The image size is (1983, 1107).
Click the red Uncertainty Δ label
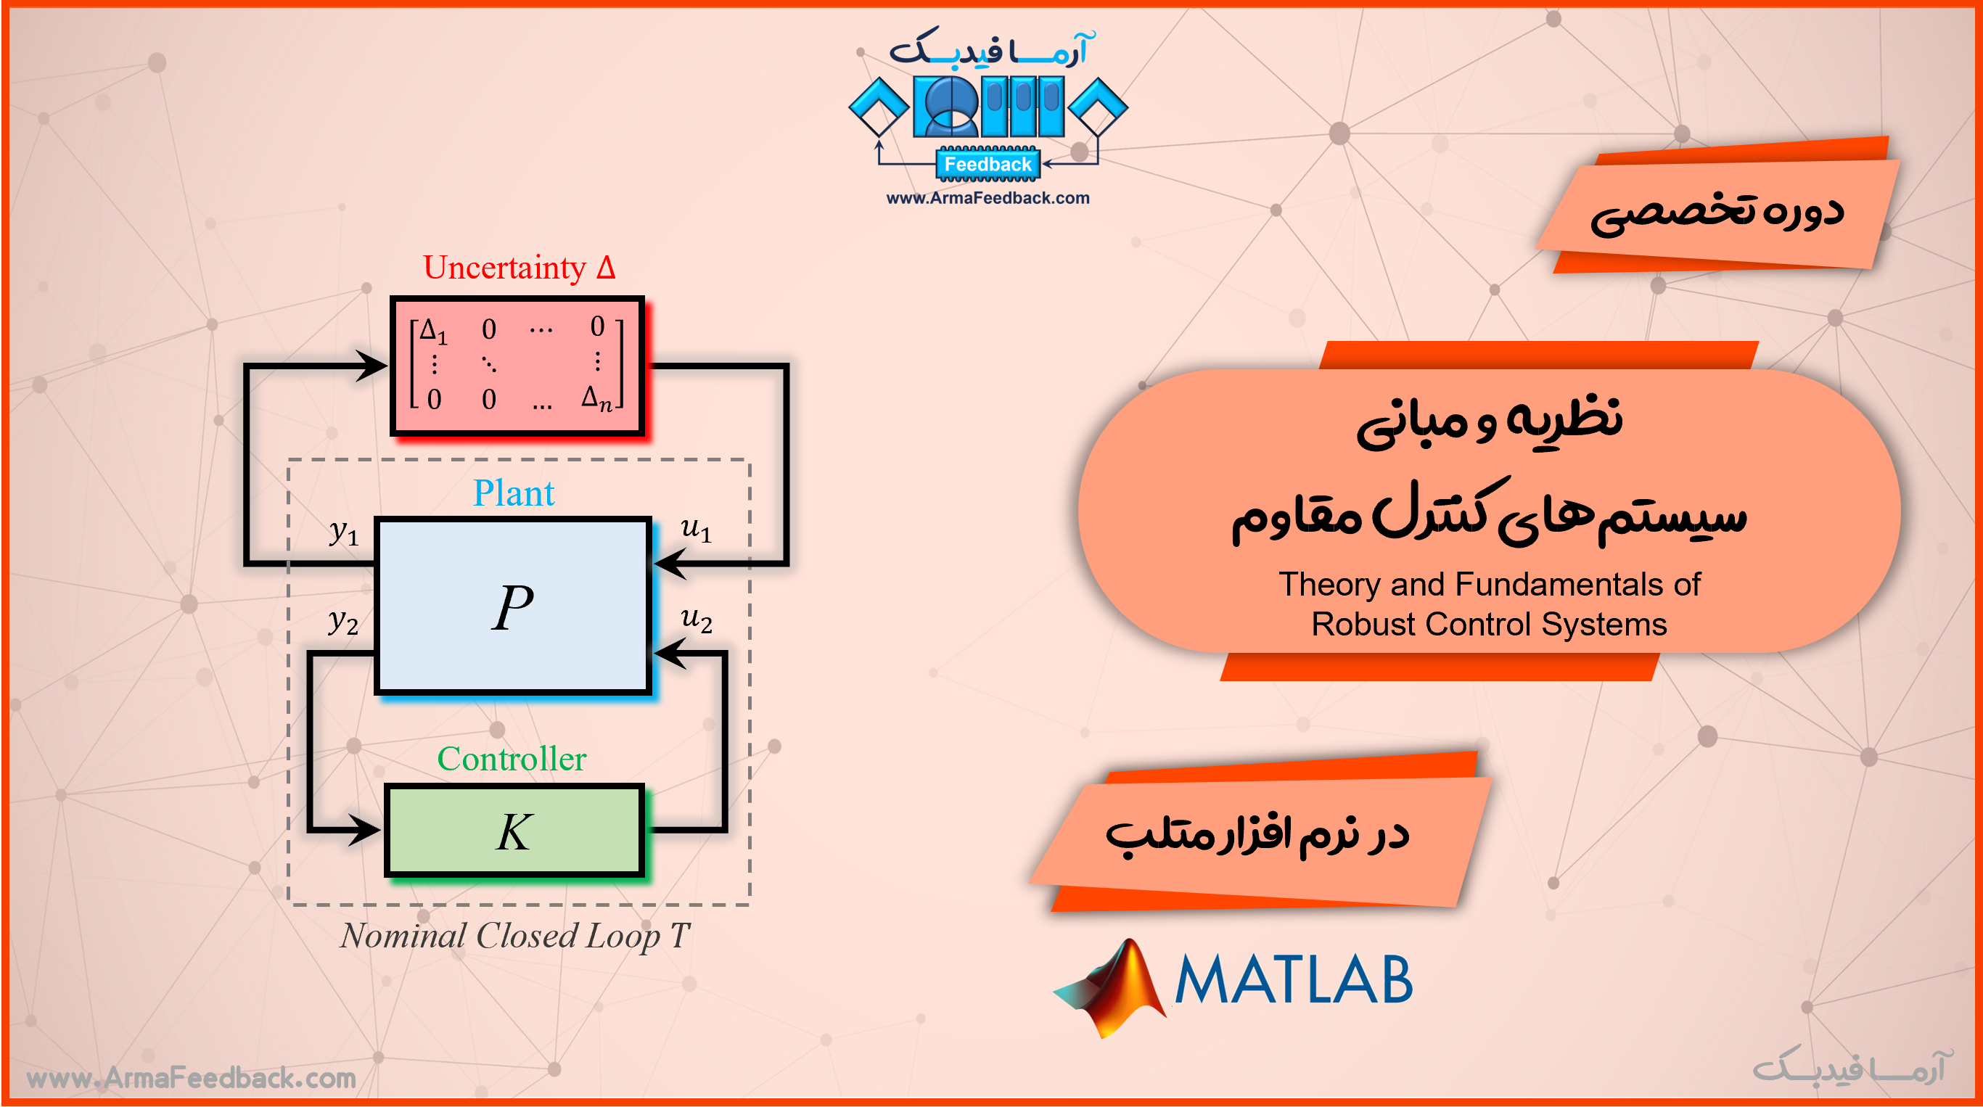(519, 267)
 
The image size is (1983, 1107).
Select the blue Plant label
(514, 493)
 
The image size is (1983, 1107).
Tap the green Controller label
(512, 759)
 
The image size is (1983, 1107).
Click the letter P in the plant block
(513, 606)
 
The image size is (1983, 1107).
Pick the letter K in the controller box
(514, 832)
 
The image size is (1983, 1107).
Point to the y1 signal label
(344, 531)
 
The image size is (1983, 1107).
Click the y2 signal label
(343, 621)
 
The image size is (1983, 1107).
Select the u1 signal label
(696, 529)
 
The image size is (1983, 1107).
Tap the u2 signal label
(697, 619)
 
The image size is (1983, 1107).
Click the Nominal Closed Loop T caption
(515, 936)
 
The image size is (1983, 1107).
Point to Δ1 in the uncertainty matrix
(433, 331)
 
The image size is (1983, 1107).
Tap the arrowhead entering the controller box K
(365, 830)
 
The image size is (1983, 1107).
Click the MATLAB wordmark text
(1293, 979)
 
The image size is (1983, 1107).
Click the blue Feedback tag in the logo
(988, 164)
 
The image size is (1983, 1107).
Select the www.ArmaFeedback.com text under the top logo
(988, 198)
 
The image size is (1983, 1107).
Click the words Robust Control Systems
(1489, 625)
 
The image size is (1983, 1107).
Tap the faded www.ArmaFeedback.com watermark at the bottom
(191, 1078)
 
